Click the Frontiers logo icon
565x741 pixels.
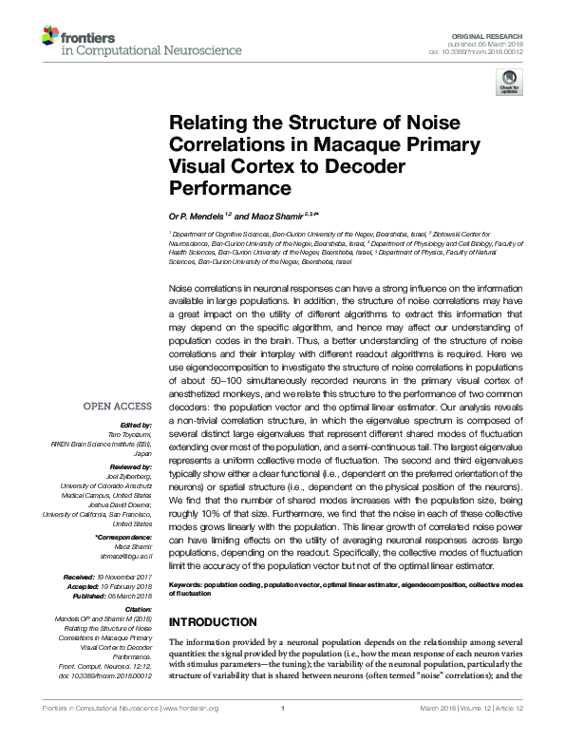tap(50, 37)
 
